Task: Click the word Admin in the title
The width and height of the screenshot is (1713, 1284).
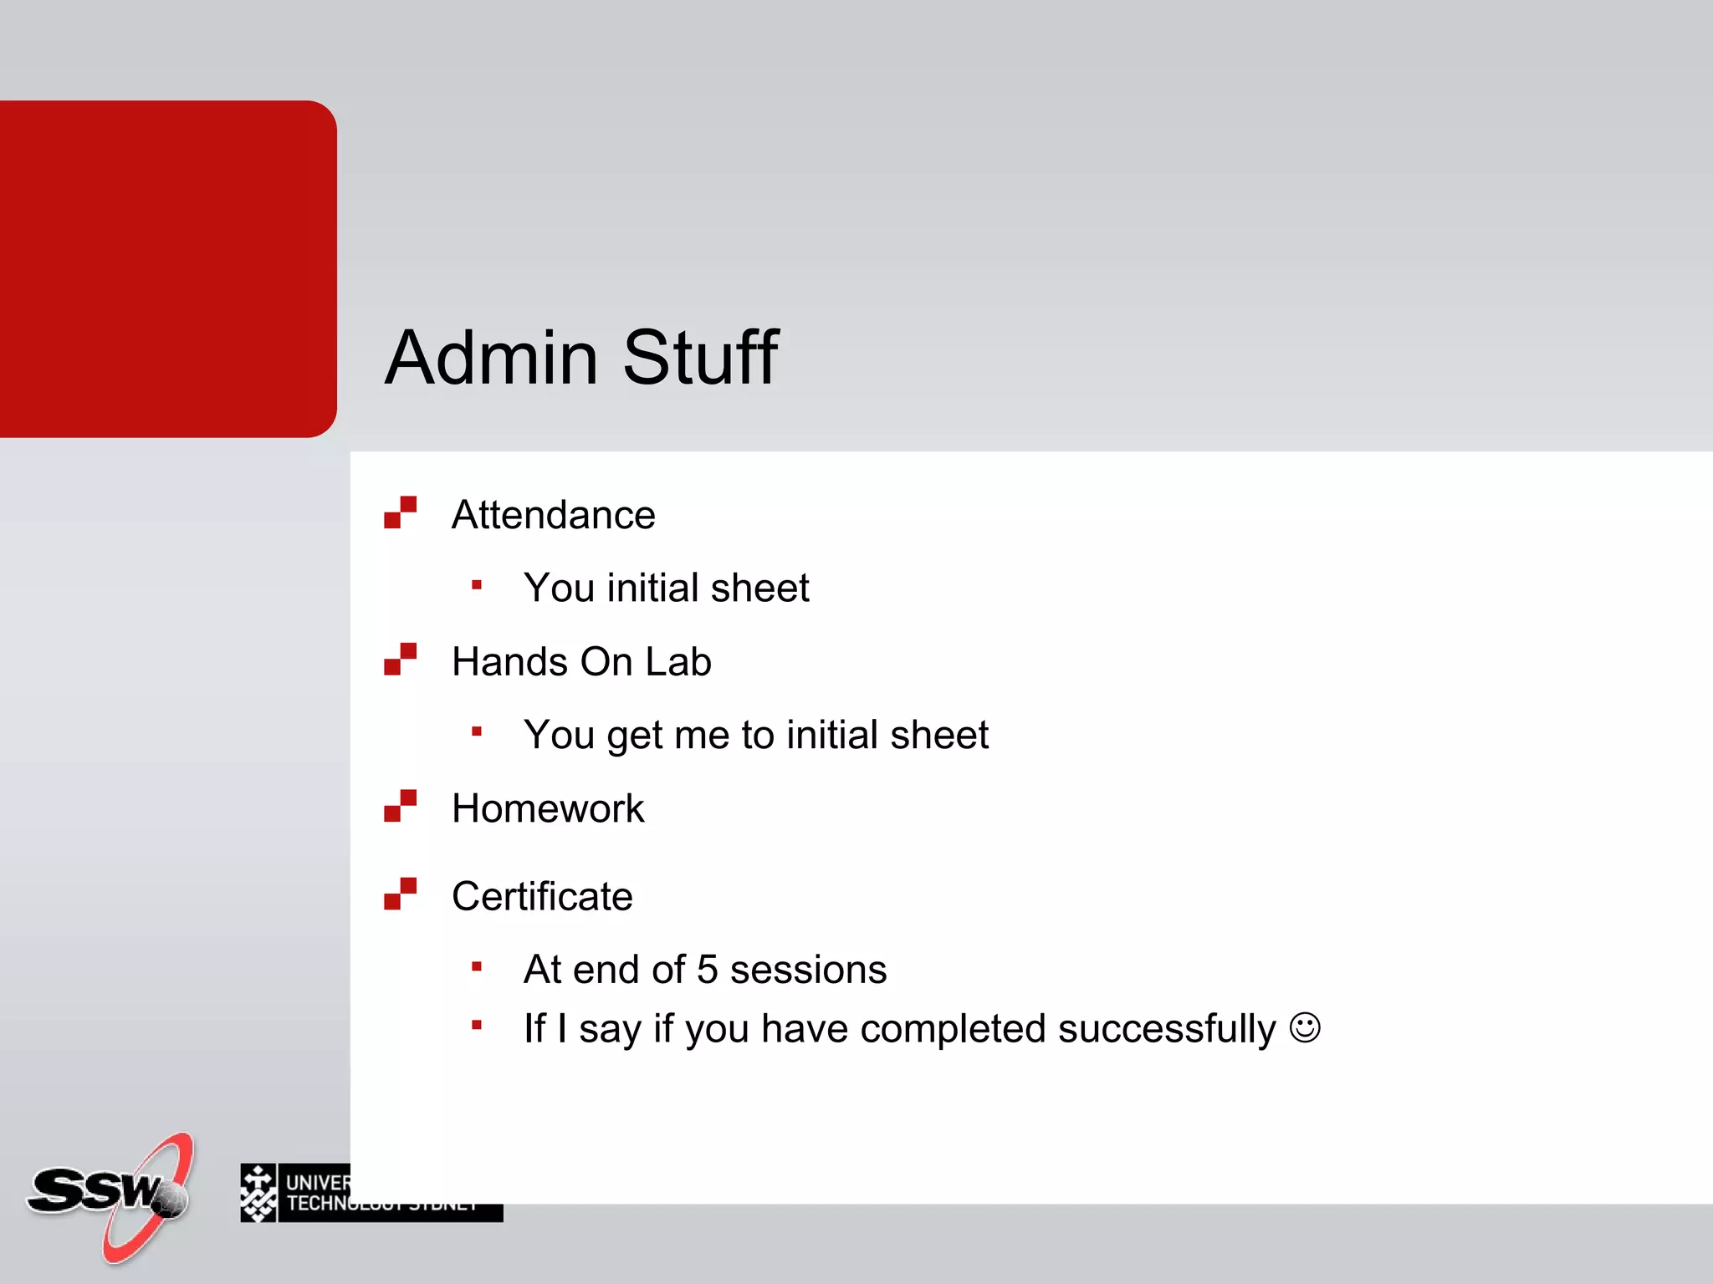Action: coord(491,358)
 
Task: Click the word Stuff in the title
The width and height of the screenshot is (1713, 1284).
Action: coord(700,358)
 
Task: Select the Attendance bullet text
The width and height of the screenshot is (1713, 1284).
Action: coord(553,515)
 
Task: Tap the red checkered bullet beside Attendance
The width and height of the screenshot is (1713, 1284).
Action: coord(400,512)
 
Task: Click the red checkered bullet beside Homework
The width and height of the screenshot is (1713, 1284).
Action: coord(400,806)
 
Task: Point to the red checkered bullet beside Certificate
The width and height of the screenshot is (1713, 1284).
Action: coord(400,894)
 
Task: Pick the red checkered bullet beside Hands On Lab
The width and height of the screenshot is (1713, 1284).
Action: coord(400,659)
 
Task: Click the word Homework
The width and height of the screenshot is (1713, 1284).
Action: coord(548,809)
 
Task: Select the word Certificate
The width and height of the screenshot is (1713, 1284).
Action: coord(542,897)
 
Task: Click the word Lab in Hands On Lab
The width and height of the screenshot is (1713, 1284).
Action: coord(678,662)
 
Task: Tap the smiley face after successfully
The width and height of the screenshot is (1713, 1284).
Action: coord(1305,1027)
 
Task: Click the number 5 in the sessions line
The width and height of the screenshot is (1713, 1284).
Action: coord(708,970)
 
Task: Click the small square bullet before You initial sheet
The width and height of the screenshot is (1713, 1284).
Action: coord(477,585)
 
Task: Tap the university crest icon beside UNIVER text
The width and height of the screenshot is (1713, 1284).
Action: coord(258,1193)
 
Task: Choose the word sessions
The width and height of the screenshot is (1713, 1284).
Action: coord(808,971)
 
